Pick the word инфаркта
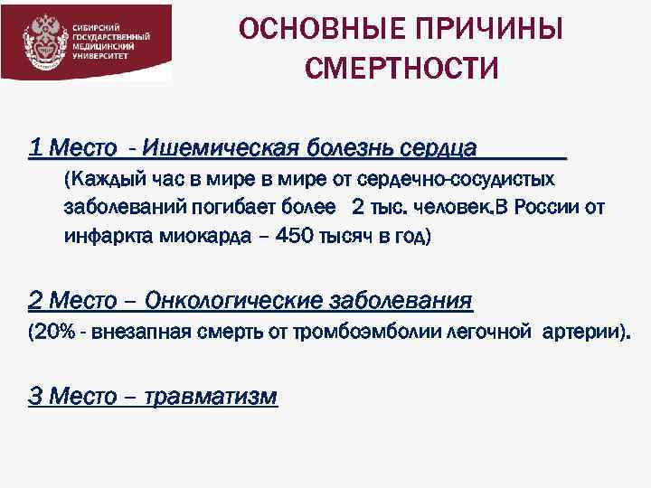tap(104, 237)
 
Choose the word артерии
tap(581, 333)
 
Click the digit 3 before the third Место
tap(35, 397)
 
